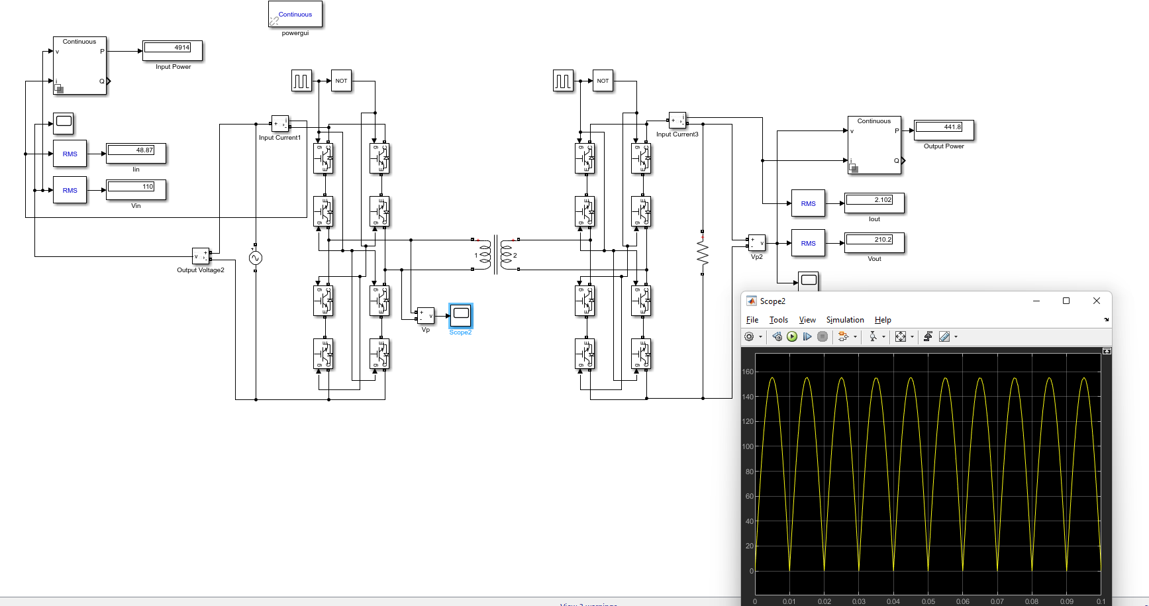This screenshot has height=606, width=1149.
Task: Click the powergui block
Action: (x=295, y=15)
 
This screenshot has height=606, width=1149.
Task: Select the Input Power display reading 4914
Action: (x=172, y=50)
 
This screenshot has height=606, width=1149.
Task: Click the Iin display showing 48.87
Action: (x=136, y=153)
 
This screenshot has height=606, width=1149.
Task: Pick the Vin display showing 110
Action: (x=136, y=189)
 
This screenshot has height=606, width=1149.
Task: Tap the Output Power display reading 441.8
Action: (x=944, y=130)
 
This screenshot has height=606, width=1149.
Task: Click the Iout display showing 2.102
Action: (x=874, y=203)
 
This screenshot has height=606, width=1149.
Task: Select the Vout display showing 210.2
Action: (x=874, y=242)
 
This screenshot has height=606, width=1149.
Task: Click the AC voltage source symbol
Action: (x=256, y=258)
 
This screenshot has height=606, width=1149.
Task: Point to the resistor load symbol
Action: (x=703, y=253)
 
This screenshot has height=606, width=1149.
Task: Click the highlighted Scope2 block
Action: (x=461, y=315)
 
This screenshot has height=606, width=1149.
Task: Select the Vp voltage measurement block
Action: (x=425, y=315)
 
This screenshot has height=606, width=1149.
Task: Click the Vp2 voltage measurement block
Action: (x=756, y=242)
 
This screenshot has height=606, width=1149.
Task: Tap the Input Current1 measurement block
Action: (x=280, y=124)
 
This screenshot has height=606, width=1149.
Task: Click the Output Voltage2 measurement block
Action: (x=201, y=256)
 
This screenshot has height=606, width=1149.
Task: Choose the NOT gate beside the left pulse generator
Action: (x=341, y=81)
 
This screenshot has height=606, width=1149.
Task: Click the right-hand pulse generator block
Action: (x=563, y=81)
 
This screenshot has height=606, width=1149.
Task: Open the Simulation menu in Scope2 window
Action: (x=844, y=320)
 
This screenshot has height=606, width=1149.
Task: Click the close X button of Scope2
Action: (x=1096, y=301)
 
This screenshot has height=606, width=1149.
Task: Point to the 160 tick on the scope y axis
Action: (x=748, y=372)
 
